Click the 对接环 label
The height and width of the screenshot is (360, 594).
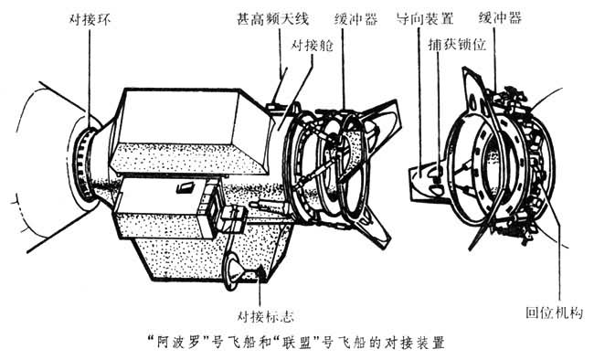click(x=90, y=18)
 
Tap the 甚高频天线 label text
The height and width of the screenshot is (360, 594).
click(x=272, y=18)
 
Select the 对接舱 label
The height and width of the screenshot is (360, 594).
click(x=312, y=45)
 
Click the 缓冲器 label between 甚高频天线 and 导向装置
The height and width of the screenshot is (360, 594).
click(x=356, y=18)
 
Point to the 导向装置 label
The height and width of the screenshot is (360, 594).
click(x=425, y=17)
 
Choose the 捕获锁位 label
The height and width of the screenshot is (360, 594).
click(x=457, y=45)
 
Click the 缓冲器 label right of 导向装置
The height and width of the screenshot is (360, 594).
click(x=500, y=17)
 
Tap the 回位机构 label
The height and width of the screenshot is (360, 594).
click(x=554, y=312)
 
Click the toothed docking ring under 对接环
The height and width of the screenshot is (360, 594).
click(x=85, y=163)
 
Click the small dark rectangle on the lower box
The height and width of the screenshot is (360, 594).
click(x=186, y=187)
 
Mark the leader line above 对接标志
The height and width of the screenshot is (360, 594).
click(x=260, y=289)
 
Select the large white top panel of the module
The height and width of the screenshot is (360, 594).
click(x=178, y=117)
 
